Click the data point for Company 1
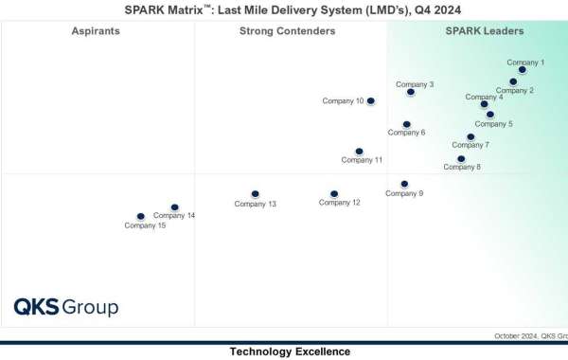(x=523, y=70)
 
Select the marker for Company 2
(x=513, y=81)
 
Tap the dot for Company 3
(x=411, y=92)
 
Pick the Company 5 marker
(x=489, y=115)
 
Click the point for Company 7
(x=470, y=136)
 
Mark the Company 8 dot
(x=461, y=159)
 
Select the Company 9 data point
(x=404, y=184)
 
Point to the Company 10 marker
(x=370, y=100)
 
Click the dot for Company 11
(x=359, y=151)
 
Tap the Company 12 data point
(x=334, y=193)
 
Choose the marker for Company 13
(x=255, y=194)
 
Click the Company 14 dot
(x=174, y=207)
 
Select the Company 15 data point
(x=140, y=217)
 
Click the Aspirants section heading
(x=96, y=31)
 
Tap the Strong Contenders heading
(x=288, y=31)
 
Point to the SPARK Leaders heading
(x=485, y=31)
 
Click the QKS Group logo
(x=65, y=307)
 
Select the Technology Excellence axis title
(x=290, y=351)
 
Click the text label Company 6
(x=406, y=133)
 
